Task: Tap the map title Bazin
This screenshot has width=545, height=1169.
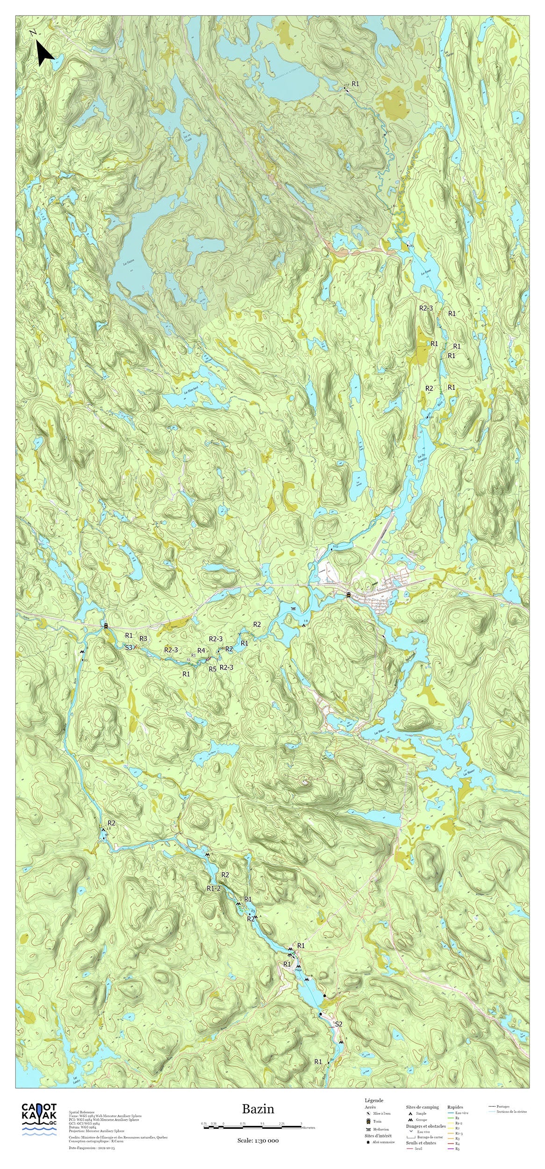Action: point(258,1109)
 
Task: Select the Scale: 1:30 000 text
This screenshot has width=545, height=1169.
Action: point(258,1140)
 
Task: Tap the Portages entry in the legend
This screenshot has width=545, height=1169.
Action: point(503,1106)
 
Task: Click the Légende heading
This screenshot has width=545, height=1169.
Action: point(374,1100)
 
